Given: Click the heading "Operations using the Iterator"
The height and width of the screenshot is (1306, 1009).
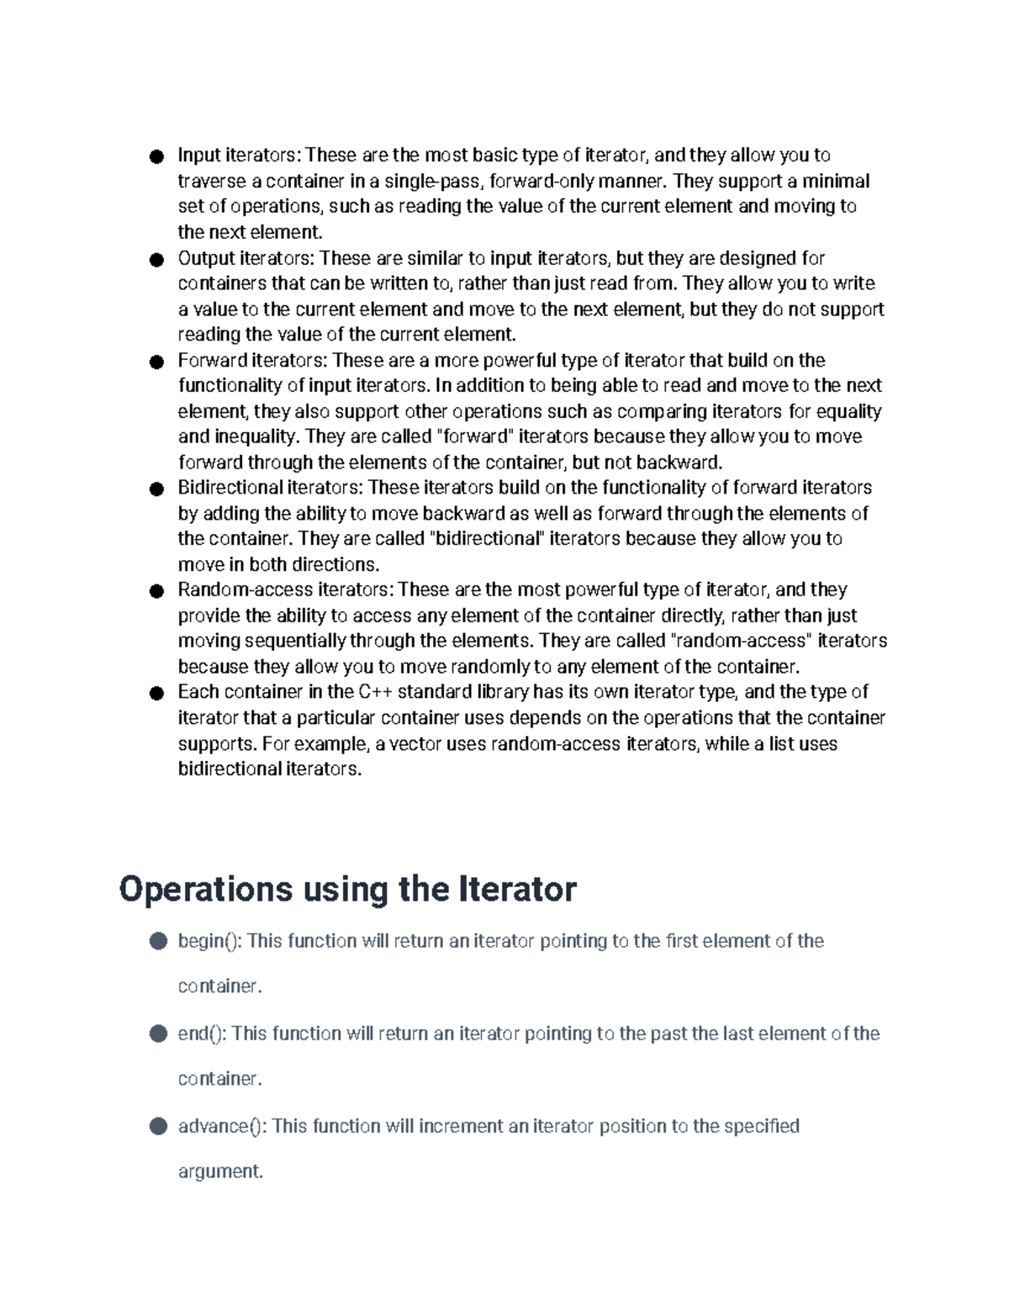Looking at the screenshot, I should point(347,889).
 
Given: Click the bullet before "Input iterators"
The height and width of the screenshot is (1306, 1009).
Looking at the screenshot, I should point(156,156).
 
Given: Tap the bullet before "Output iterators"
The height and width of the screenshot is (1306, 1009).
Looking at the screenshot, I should point(156,259).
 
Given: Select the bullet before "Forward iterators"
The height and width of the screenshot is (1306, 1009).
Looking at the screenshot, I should point(156,362).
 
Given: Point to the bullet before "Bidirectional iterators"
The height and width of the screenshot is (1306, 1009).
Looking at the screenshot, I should point(156,489).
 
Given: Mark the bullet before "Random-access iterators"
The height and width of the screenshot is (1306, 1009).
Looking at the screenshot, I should point(156,591).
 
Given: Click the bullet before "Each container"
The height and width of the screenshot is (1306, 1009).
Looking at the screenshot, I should point(156,694).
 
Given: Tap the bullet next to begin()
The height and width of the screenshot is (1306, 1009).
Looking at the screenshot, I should point(158,941).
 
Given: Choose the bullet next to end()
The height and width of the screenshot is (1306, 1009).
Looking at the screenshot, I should point(158,1034).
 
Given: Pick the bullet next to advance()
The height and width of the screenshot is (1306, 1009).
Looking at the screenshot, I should point(158,1126).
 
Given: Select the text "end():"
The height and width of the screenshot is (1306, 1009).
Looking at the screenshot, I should point(202,1034).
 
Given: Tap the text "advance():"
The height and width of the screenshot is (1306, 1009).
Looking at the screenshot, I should point(222,1126).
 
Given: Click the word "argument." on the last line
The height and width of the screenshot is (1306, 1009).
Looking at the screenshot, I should point(220,1171).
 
